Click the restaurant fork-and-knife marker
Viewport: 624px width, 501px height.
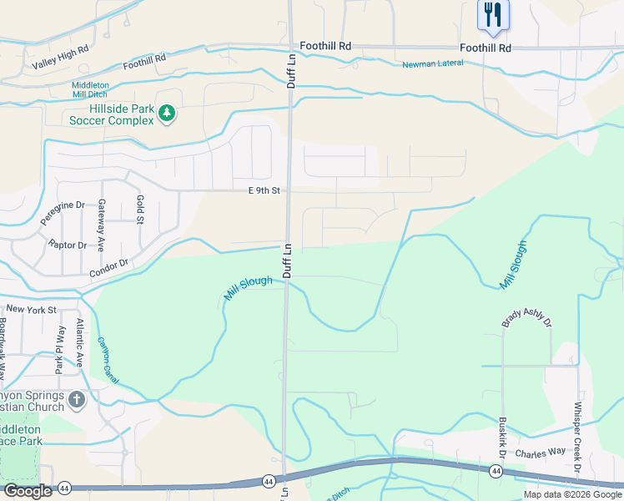click(493, 15)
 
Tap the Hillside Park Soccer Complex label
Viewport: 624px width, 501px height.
click(111, 114)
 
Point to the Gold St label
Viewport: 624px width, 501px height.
click(140, 210)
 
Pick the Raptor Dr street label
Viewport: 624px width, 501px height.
click(68, 245)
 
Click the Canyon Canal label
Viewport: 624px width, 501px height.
click(108, 360)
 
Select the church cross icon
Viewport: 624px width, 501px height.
click(77, 400)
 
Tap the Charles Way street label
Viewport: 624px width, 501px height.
click(540, 452)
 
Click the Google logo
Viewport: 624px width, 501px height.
click(28, 491)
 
